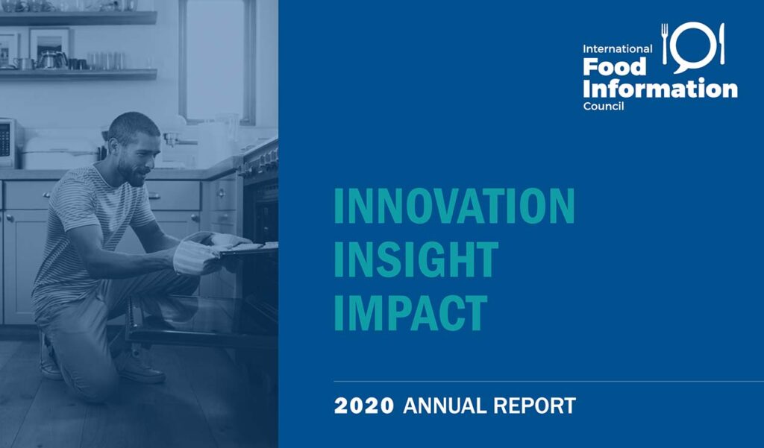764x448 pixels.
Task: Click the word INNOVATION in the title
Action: tap(454, 206)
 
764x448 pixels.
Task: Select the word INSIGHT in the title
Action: tap(416, 259)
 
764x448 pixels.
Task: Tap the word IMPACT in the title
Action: tap(411, 312)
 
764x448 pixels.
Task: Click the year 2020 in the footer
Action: tap(364, 406)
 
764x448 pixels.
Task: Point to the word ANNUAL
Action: tap(445, 406)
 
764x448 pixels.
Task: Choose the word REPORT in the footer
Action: tap(534, 406)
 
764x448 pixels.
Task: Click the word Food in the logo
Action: tap(615, 66)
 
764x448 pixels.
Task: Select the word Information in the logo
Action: tap(660, 89)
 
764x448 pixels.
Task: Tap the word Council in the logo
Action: tap(603, 106)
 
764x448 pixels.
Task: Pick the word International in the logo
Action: tap(617, 48)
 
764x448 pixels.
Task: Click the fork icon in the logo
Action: tap(665, 44)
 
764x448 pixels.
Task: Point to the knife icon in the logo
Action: tap(721, 43)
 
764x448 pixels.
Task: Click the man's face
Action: tap(136, 158)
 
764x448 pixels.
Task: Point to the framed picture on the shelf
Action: tap(50, 46)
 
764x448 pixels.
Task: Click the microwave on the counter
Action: tap(9, 144)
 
